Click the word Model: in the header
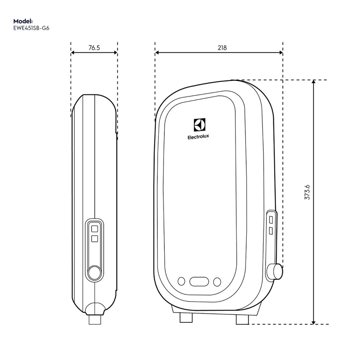23,21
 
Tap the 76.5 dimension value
94,48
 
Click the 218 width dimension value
222,48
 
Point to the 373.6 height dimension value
307,192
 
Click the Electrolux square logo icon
199,124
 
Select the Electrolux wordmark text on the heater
198,137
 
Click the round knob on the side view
94,273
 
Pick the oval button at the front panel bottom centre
199,282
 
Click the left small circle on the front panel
181,282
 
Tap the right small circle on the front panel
217,282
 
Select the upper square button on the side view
94,228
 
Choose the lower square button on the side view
94,239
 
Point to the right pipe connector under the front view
242,319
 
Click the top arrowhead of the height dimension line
313,82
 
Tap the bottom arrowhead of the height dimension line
313,322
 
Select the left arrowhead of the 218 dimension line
157,53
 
